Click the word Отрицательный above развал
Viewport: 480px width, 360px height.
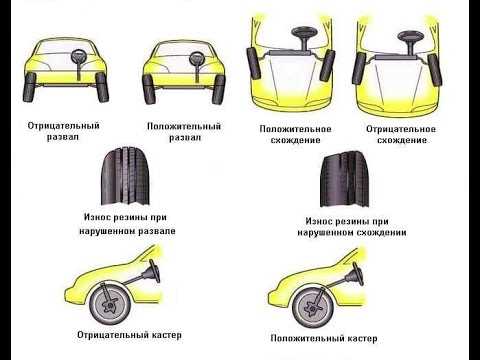pyautogui.click(x=64, y=126)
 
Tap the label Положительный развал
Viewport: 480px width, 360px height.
pyautogui.click(x=184, y=132)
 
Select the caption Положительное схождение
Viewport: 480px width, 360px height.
pyautogui.click(x=295, y=134)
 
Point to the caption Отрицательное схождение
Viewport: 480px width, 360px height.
pyautogui.click(x=401, y=134)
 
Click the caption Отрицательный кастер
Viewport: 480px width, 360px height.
pyautogui.click(x=129, y=335)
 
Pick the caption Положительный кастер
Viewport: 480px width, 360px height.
pyautogui.click(x=324, y=339)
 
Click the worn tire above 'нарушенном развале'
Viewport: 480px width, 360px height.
pyautogui.click(x=125, y=176)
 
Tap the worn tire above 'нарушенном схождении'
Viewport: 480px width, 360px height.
pyautogui.click(x=345, y=180)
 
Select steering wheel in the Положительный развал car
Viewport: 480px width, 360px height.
pyautogui.click(x=197, y=58)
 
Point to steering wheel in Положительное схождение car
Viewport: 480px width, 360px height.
pyautogui.click(x=304, y=33)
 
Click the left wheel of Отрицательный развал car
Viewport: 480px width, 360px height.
pyautogui.click(x=29, y=87)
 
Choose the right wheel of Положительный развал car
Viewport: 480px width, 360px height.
pyautogui.click(x=219, y=89)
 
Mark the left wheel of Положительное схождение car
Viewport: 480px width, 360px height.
pyautogui.click(x=254, y=64)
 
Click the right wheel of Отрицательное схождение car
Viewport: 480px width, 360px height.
pyautogui.click(x=435, y=69)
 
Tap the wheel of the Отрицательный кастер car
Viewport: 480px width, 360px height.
pyautogui.click(x=110, y=303)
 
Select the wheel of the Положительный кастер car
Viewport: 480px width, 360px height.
pyautogui.click(x=313, y=307)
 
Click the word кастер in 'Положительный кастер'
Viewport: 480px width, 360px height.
pyautogui.click(x=362, y=339)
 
